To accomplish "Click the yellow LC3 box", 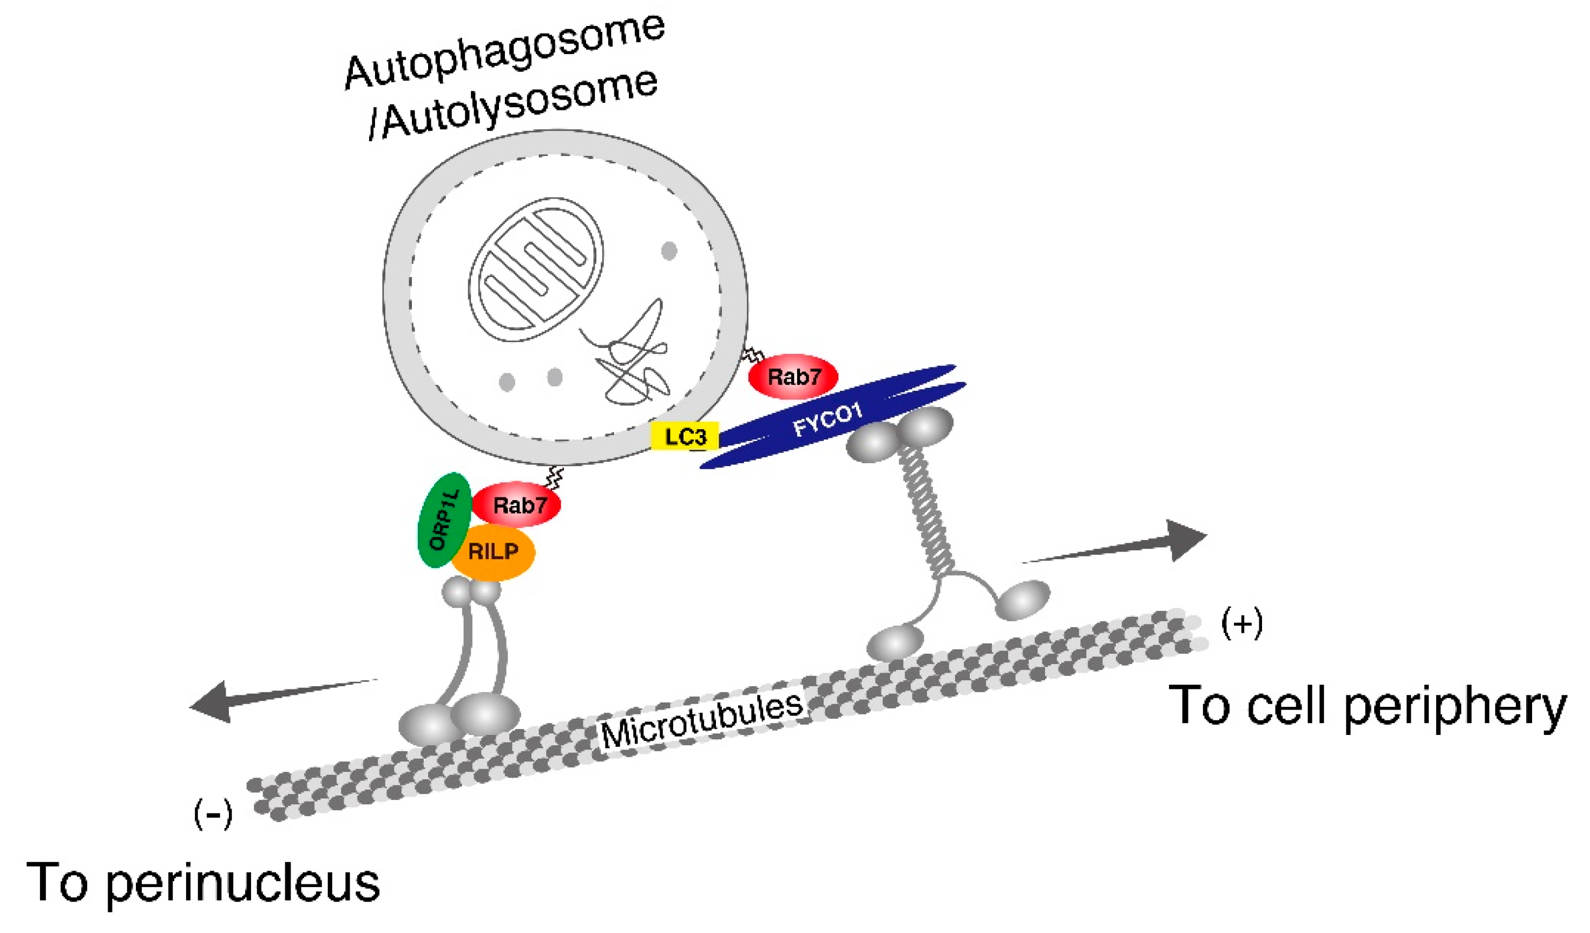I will click(685, 436).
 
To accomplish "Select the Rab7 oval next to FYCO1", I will click(793, 377).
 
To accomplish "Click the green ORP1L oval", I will click(445, 520).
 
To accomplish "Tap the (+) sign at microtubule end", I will click(1241, 624).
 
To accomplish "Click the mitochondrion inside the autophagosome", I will click(535, 270).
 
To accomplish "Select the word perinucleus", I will click(243, 883).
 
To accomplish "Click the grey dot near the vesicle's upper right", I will click(669, 251).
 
